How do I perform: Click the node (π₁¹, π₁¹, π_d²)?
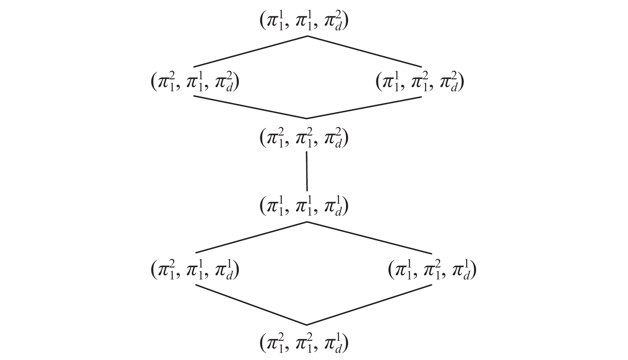pyautogui.click(x=304, y=21)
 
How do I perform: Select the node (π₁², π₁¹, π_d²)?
pyautogui.click(x=195, y=82)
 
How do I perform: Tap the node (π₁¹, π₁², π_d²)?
pyautogui.click(x=420, y=82)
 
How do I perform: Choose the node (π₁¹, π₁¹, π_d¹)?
pyautogui.click(x=304, y=206)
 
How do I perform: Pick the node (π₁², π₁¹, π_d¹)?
pyautogui.click(x=195, y=270)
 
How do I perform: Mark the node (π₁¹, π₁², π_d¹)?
pyautogui.click(x=432, y=270)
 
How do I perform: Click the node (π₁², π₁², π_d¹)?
pyautogui.click(x=304, y=343)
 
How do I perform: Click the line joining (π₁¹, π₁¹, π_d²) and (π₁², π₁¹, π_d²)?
pyautogui.click(x=250, y=51)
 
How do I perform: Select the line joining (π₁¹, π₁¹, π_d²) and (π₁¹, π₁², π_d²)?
pyautogui.click(x=364, y=51)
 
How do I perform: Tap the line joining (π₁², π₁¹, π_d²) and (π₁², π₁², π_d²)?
pyautogui.click(x=250, y=107)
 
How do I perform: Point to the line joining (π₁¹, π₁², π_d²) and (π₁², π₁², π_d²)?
pyautogui.click(x=364, y=107)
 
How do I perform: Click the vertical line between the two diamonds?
pyautogui.click(x=307, y=171)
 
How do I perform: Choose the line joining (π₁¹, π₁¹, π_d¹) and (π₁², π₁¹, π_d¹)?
pyautogui.click(x=251, y=237)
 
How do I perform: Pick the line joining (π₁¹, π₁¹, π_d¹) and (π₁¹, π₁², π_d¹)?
pyautogui.click(x=370, y=238)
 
